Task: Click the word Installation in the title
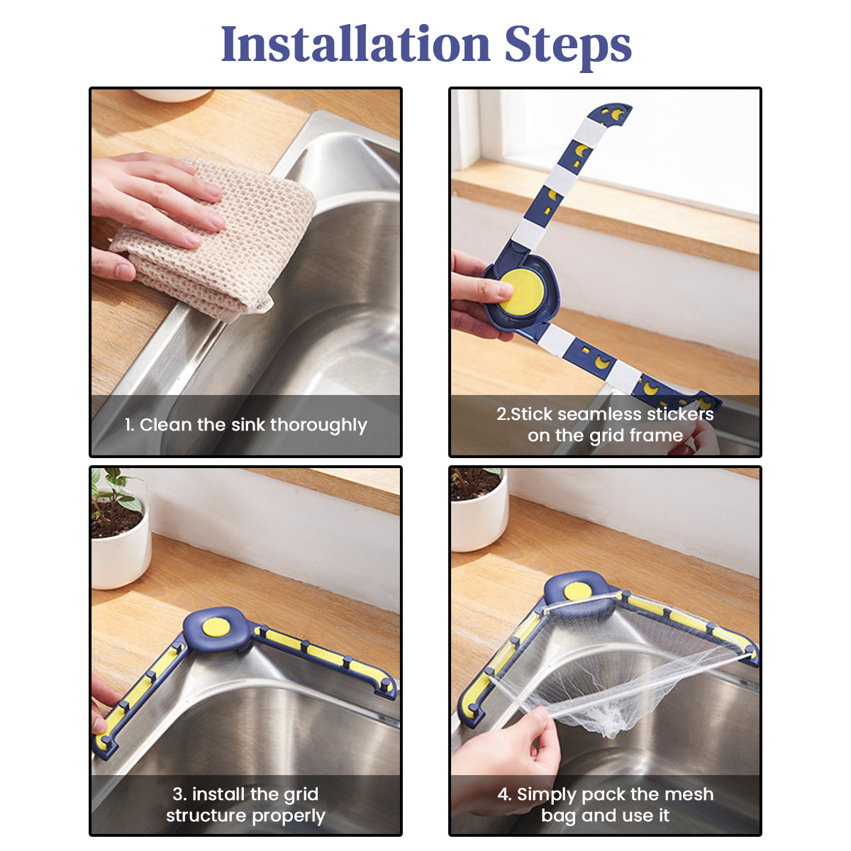(x=355, y=44)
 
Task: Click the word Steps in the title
(x=568, y=48)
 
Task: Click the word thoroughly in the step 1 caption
(x=318, y=425)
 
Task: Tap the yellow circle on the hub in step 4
(x=578, y=591)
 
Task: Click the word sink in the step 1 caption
(x=247, y=425)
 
